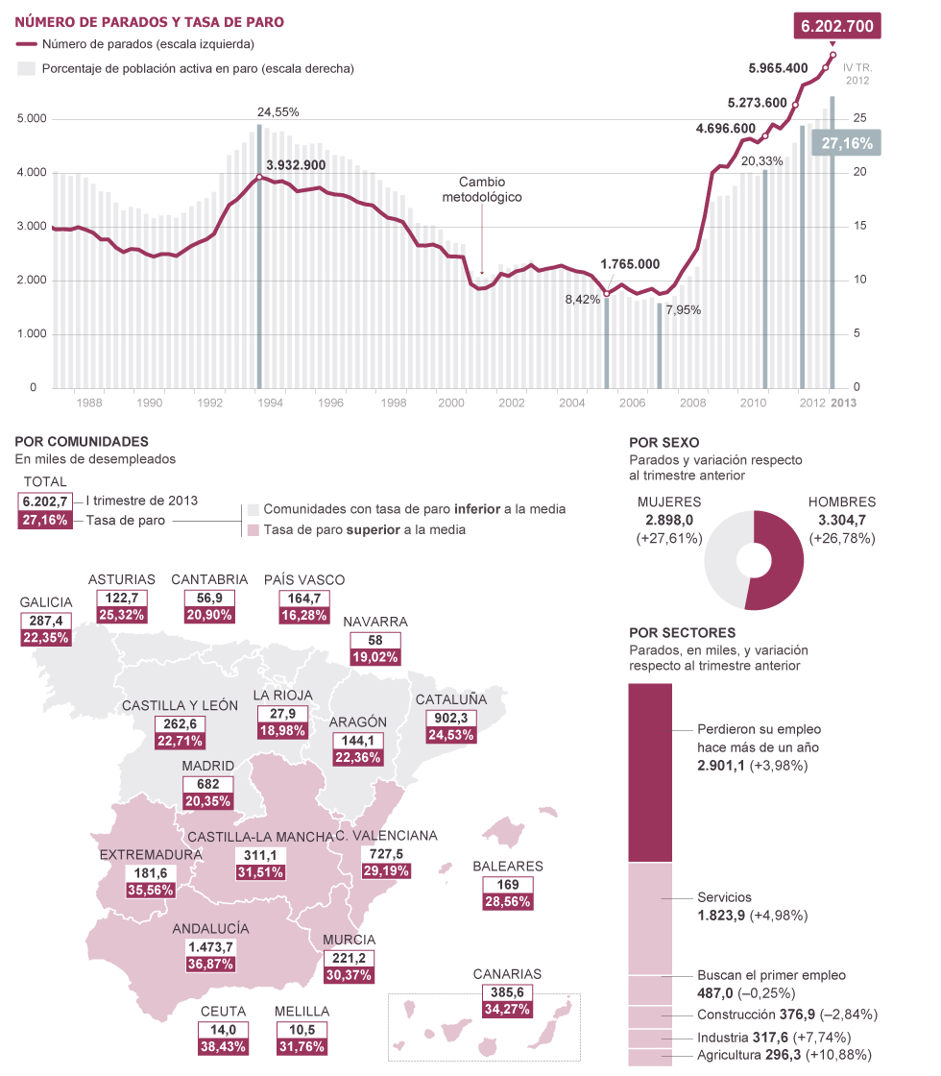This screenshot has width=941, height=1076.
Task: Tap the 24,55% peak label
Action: coord(278,111)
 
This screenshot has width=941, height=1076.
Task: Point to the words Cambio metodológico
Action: coord(481,189)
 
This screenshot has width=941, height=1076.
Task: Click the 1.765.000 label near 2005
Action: coord(630,264)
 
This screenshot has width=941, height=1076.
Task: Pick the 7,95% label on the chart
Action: coord(683,310)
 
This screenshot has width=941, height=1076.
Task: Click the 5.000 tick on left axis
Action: coord(32,119)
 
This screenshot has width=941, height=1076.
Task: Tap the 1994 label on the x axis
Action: coord(272,403)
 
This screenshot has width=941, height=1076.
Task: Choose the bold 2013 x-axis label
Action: coord(844,403)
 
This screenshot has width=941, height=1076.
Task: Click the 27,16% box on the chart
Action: coord(847,143)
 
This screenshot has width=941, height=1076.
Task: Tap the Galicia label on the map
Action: coord(46,602)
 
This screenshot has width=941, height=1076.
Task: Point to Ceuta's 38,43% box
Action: coord(224,1045)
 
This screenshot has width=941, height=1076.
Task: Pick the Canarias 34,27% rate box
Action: coord(507,1009)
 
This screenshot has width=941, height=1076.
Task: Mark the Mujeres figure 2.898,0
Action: coord(669,520)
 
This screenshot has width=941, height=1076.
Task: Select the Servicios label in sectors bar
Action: coord(724,897)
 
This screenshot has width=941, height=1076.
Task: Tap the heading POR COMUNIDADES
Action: coord(82,442)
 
